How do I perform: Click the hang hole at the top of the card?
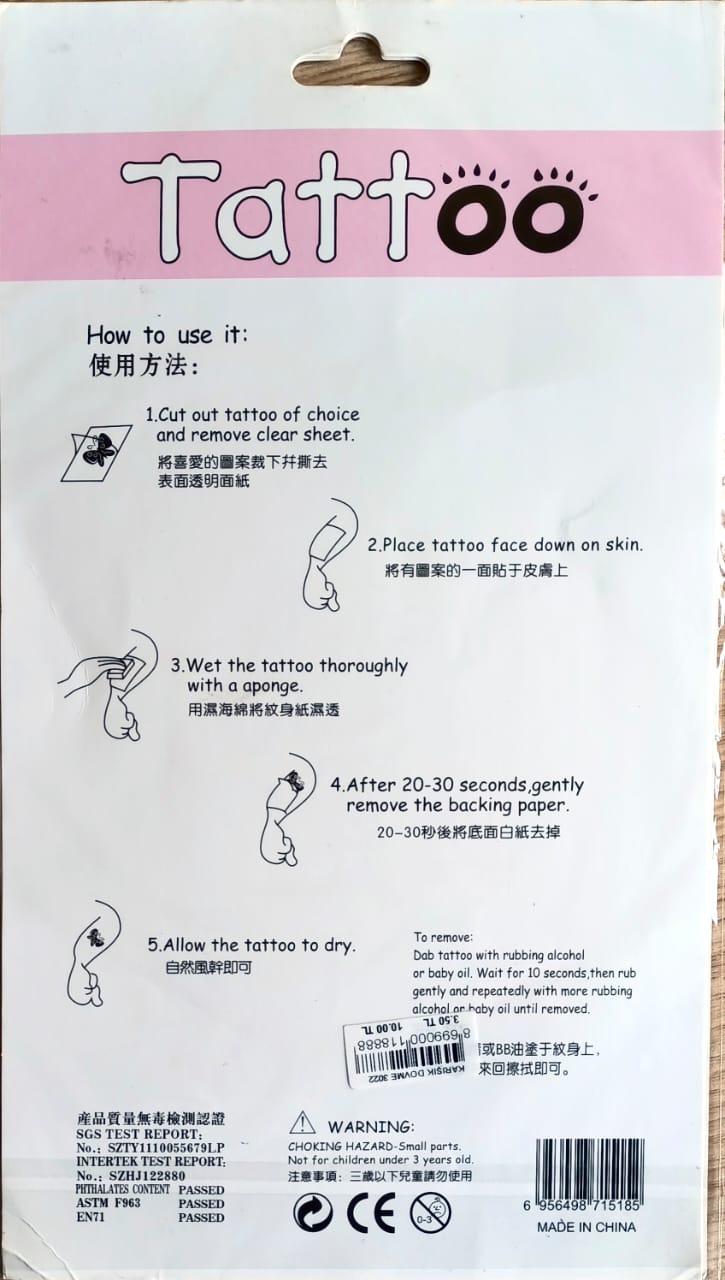[x=361, y=68]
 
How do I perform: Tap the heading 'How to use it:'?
[x=166, y=334]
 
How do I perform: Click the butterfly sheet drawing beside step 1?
[x=98, y=451]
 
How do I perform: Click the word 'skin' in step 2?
[x=622, y=545]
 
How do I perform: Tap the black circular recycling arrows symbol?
[x=313, y=1213]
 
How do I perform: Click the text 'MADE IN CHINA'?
[x=586, y=1227]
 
